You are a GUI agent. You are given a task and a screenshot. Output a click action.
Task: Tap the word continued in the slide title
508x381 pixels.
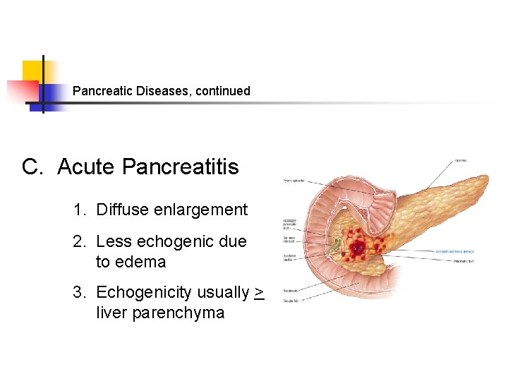click(x=223, y=91)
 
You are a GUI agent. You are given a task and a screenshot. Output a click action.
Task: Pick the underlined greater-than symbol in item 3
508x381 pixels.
click(x=259, y=292)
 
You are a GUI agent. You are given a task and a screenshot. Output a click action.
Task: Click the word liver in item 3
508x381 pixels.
click(x=111, y=313)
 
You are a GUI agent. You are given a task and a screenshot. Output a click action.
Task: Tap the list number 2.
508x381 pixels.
click(x=79, y=241)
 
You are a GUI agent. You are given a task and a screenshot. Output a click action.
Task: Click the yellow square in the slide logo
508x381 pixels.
click(x=33, y=71)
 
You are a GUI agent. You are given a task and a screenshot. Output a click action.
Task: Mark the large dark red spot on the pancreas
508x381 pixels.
click(x=358, y=248)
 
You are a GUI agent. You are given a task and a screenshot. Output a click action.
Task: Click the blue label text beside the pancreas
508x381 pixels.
click(x=455, y=250)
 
